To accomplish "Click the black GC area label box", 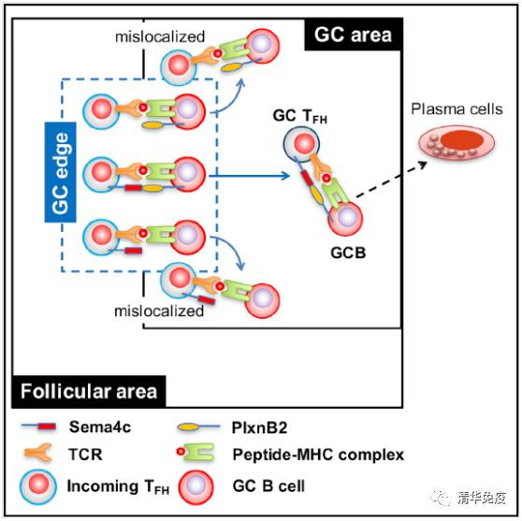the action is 354,35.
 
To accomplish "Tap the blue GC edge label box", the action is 61,172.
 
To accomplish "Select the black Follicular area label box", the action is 89,392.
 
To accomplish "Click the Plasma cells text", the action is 457,109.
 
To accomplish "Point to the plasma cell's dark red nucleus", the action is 462,139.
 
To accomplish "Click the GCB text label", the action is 348,253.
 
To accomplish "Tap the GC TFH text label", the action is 300,116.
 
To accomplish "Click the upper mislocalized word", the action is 160,36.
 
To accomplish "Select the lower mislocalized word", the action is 159,311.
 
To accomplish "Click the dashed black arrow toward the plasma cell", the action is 391,180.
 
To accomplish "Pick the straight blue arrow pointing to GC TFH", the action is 250,176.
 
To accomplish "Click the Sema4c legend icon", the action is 38,427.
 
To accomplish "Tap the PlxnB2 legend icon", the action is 198,427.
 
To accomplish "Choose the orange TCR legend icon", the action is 38,453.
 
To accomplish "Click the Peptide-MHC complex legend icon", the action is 196,452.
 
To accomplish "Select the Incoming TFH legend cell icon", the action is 38,486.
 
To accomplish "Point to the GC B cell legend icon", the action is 196,486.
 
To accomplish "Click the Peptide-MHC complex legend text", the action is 318,455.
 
